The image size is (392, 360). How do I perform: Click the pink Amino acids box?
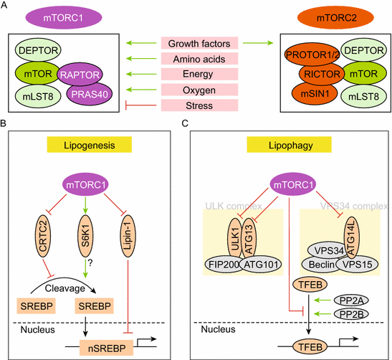[x=196, y=59]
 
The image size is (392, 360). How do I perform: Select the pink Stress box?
[x=196, y=106]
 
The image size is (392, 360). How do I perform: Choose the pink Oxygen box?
[x=196, y=90]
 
